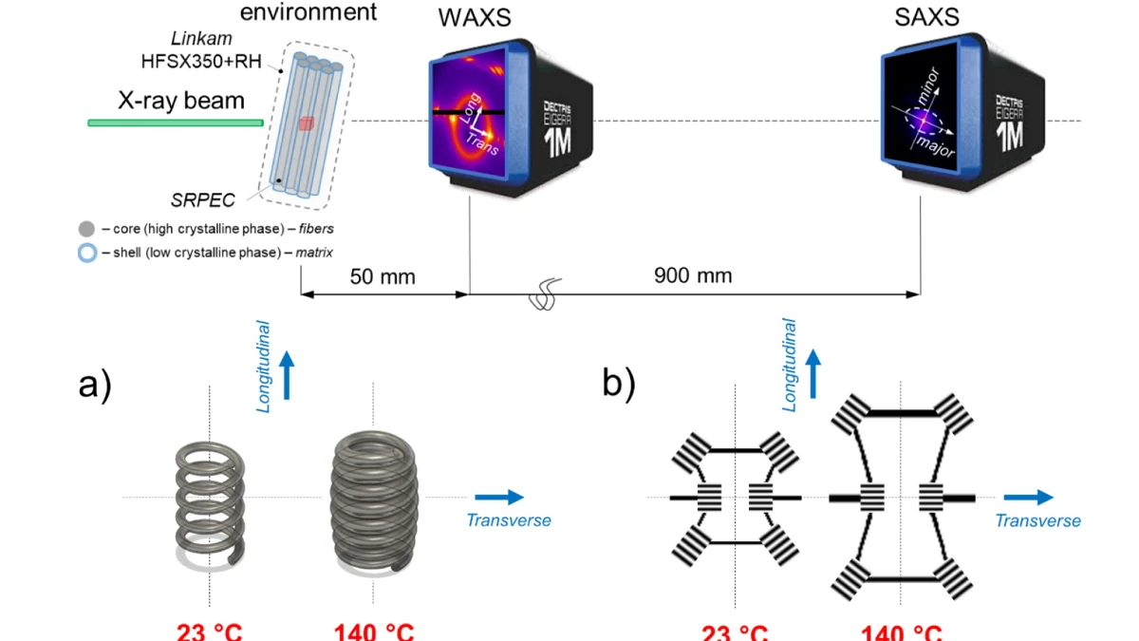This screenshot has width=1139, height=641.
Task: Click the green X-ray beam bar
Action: click(x=176, y=123)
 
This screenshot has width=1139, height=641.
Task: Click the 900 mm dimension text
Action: click(x=693, y=277)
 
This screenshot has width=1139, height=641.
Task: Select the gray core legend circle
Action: click(x=87, y=229)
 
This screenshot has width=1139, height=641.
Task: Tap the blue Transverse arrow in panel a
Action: click(x=499, y=497)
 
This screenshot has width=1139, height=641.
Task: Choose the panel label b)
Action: click(x=619, y=382)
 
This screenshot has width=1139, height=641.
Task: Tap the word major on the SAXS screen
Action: click(x=935, y=145)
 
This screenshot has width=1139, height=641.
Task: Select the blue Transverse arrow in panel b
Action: click(x=1029, y=497)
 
